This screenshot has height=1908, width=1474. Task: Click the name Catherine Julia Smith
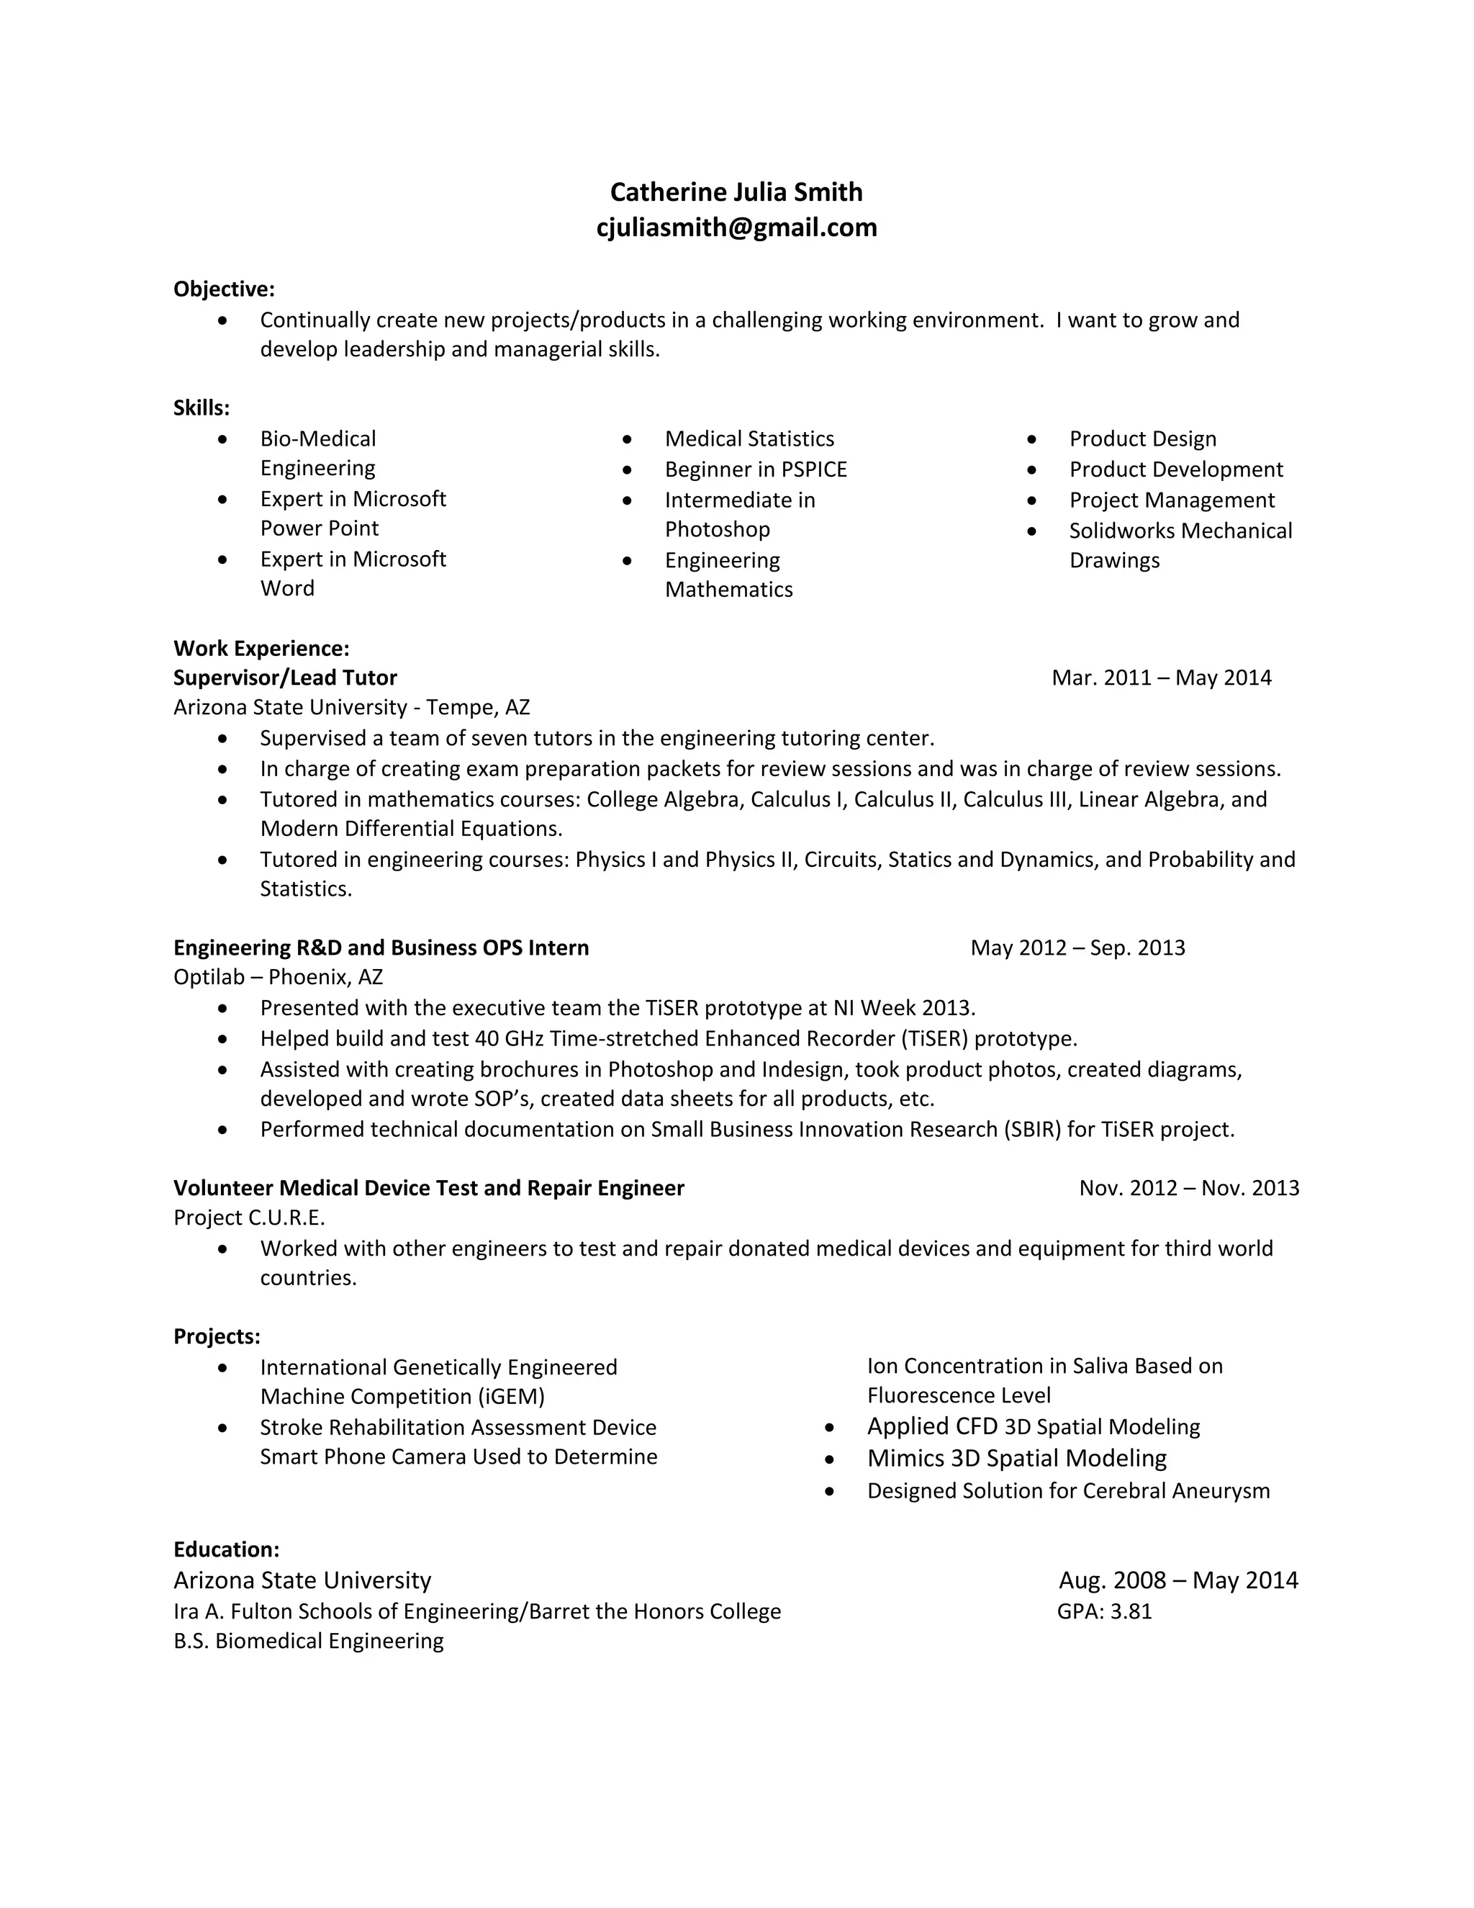pos(736,192)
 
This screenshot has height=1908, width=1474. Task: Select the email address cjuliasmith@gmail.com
pos(736,228)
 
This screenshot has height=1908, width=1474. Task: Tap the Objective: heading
pos(224,289)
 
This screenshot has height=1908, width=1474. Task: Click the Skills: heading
pos(202,408)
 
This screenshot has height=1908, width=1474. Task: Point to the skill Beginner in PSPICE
pos(755,470)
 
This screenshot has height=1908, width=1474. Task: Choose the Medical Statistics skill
pos(749,438)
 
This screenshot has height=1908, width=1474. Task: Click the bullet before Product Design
pos(1032,439)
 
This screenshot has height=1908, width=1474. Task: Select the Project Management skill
pos(1171,500)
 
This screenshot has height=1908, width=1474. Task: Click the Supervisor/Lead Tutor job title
pos(285,678)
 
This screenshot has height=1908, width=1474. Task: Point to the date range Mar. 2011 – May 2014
pos(1162,678)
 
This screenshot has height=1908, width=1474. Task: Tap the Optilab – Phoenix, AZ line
pos(278,977)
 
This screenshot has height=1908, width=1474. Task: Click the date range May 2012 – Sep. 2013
pos(1077,948)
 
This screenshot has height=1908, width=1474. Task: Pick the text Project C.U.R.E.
pos(249,1218)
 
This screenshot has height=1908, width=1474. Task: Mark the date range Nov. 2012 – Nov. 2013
pos(1188,1188)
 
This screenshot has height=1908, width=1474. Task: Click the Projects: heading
pos(217,1336)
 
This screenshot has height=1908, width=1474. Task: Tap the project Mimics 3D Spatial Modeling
pos(1016,1458)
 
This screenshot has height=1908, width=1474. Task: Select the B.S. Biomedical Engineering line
pos(308,1641)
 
